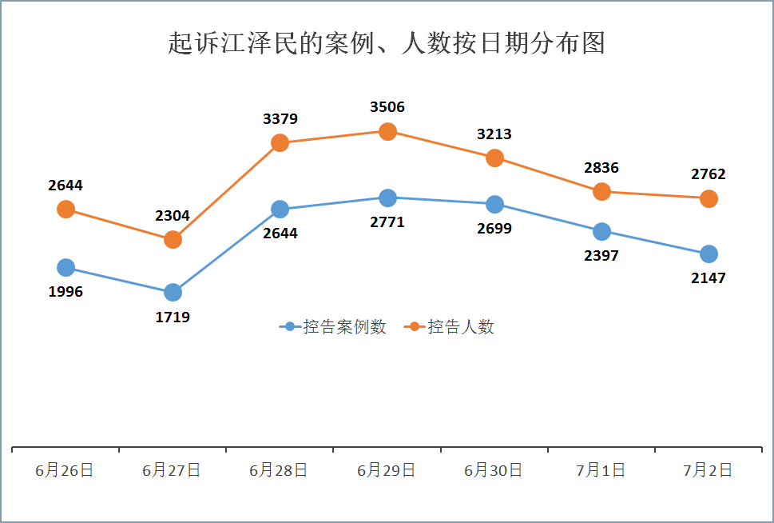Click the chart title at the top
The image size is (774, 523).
(387, 43)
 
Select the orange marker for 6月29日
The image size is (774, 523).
(387, 131)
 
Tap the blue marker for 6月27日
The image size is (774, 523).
(173, 293)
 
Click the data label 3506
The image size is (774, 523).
(387, 107)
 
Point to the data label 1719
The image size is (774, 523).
(173, 317)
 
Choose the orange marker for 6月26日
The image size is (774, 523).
(65, 209)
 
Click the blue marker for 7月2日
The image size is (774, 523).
(709, 254)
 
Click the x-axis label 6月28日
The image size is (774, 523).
(280, 470)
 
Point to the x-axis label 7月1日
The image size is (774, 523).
(601, 470)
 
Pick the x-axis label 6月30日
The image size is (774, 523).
(494, 470)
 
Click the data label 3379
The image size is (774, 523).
(280, 119)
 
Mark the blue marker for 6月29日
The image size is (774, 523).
(387, 198)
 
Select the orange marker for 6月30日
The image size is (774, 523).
(494, 158)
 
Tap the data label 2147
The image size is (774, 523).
(709, 278)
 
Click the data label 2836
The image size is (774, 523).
(601, 168)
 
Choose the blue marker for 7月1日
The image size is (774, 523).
(601, 232)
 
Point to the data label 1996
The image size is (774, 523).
(65, 292)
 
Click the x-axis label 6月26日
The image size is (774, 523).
(65, 470)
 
